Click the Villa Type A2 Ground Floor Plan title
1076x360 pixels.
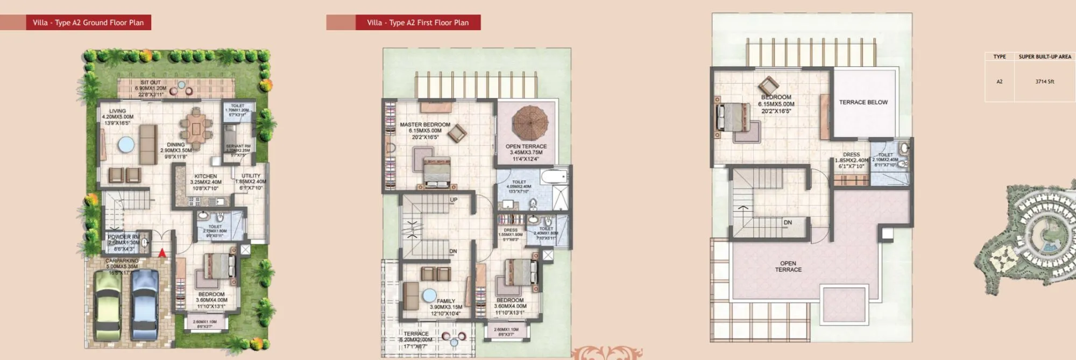pyautogui.click(x=88, y=23)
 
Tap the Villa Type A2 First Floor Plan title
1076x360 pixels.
pyautogui.click(x=417, y=23)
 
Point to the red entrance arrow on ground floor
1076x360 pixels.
pyautogui.click(x=162, y=252)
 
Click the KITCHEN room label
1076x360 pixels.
pyautogui.click(x=206, y=177)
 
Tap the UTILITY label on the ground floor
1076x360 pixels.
pyautogui.click(x=251, y=176)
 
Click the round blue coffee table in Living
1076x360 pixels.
pyautogui.click(x=126, y=144)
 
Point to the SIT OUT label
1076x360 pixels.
pyautogui.click(x=151, y=83)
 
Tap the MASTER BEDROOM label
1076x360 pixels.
pyautogui.click(x=425, y=125)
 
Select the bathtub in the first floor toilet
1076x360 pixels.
pyautogui.click(x=554, y=177)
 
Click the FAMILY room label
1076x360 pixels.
pyautogui.click(x=446, y=301)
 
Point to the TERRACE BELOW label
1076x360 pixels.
pyautogui.click(x=863, y=102)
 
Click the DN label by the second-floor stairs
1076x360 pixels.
pyautogui.click(x=788, y=222)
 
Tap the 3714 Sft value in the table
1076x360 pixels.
pyautogui.click(x=1044, y=82)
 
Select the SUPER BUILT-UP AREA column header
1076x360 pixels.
pyautogui.click(x=1044, y=57)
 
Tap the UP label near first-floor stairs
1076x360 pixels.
pyautogui.click(x=454, y=200)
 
